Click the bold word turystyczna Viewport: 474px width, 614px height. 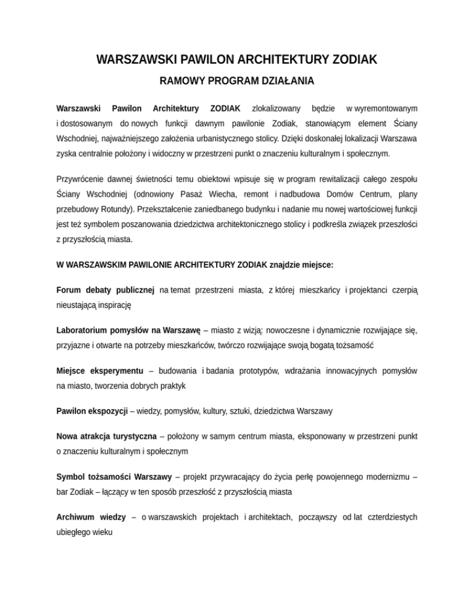coord(129,435)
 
